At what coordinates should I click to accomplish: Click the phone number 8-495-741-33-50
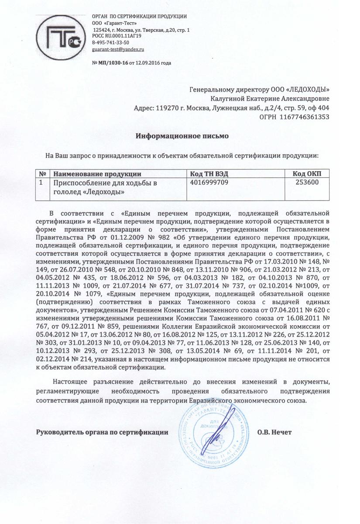pos(110,43)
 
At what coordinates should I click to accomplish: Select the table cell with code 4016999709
pos(209,183)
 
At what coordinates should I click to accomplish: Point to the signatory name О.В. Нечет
pos(274,432)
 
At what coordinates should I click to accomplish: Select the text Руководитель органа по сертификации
pos(102,432)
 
